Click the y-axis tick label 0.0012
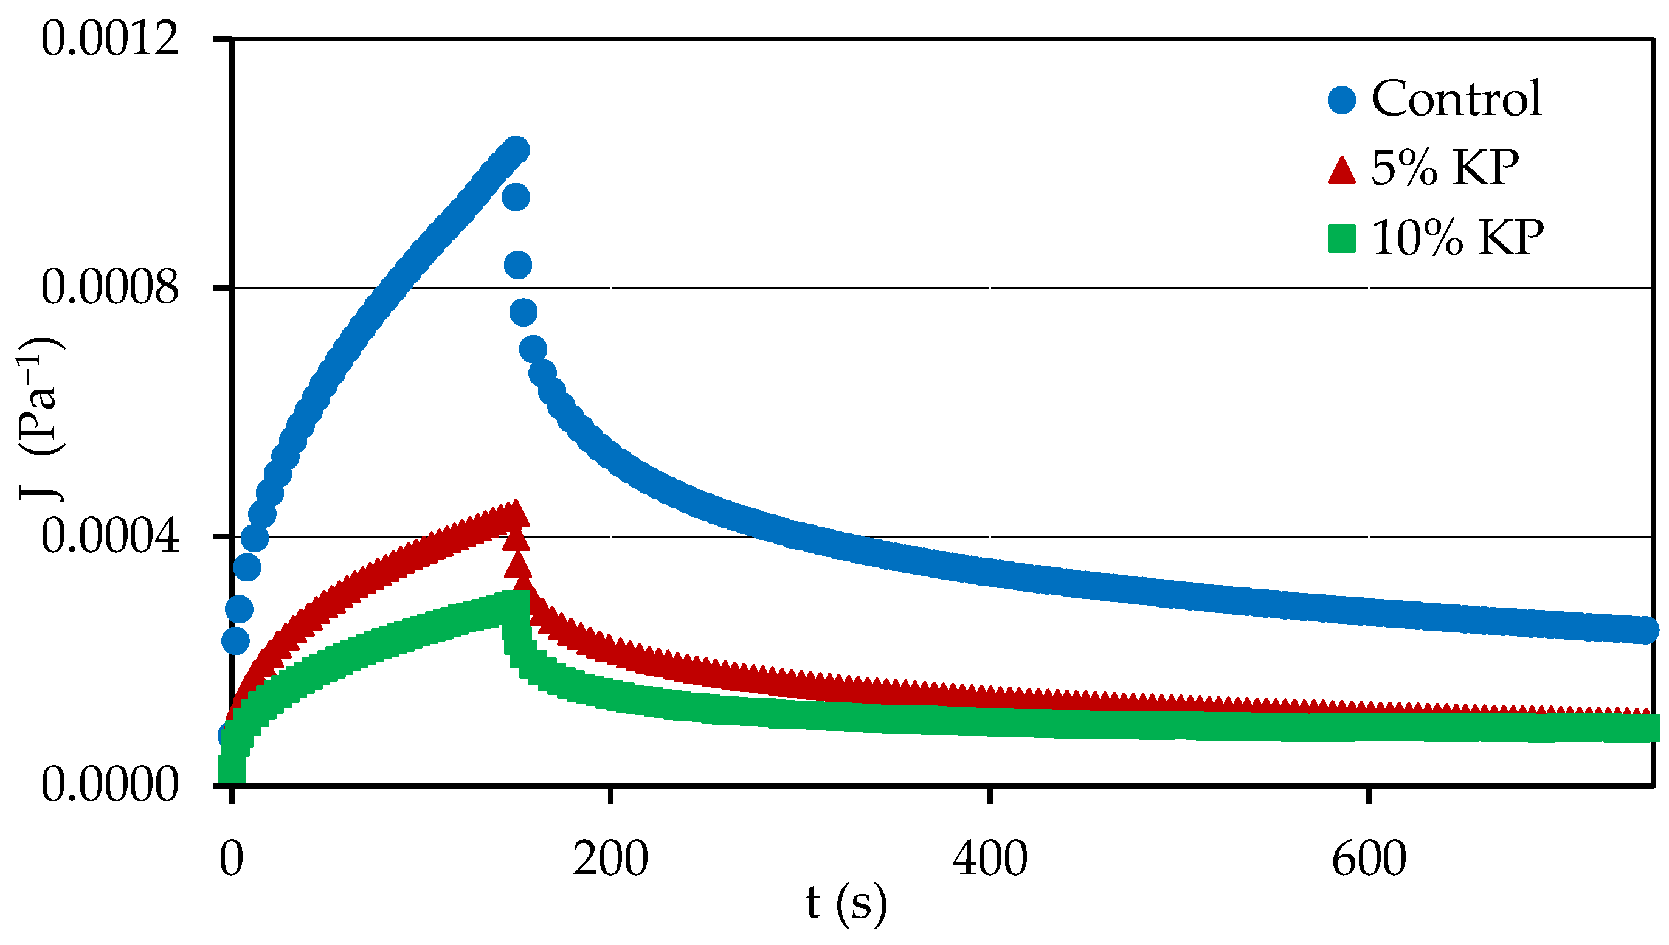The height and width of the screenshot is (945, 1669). (109, 39)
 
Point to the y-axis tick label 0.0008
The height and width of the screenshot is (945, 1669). (109, 288)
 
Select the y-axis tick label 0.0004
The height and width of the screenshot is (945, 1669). (109, 537)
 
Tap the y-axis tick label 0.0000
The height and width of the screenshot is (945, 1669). (109, 785)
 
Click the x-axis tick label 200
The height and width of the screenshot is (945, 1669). (610, 859)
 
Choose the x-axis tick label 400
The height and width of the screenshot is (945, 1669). (990, 859)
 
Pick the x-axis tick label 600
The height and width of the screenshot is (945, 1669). (1369, 859)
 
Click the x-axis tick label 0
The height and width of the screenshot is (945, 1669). (231, 859)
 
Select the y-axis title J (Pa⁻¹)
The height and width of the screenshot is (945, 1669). (41, 418)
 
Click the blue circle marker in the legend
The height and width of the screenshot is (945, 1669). (1341, 100)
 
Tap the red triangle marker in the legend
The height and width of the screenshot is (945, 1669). (1341, 170)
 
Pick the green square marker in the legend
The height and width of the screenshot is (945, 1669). (1341, 239)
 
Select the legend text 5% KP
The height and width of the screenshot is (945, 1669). (1445, 168)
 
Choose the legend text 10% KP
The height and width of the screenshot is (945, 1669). (1457, 238)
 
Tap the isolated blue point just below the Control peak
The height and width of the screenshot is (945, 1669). (516, 197)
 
